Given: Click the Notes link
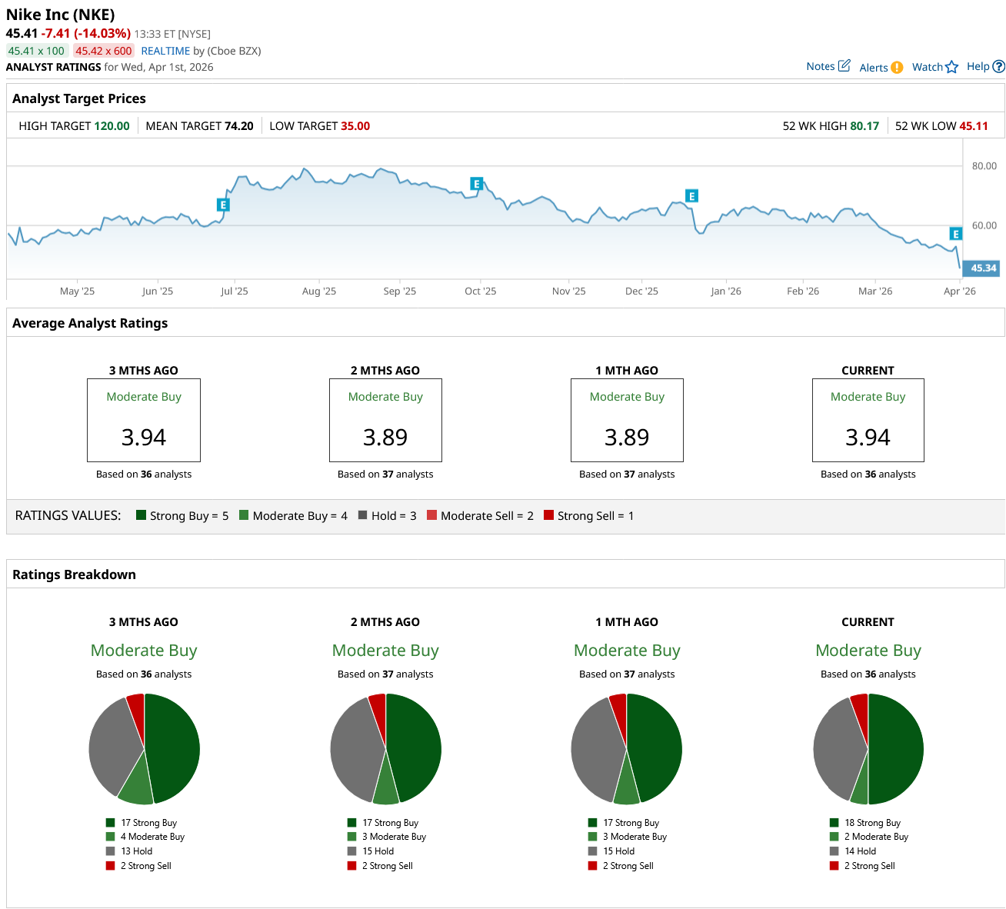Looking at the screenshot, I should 828,66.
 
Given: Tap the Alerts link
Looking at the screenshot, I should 881,68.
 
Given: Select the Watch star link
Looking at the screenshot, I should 934,67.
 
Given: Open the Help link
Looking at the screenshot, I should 985,66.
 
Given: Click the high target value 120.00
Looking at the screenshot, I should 112,126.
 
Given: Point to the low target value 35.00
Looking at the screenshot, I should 355,126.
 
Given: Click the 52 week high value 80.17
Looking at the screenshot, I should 864,126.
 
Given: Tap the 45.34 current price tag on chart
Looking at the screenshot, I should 982,268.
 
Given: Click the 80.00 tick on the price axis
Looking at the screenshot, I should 984,166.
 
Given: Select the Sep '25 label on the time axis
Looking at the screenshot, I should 399,291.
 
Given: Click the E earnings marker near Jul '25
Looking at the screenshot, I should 223,205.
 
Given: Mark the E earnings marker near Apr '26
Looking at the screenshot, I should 955,234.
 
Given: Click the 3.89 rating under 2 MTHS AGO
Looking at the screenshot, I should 385,438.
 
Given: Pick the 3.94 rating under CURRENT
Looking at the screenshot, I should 868,438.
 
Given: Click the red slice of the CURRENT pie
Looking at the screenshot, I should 860,706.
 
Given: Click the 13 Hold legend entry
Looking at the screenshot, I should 136,851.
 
